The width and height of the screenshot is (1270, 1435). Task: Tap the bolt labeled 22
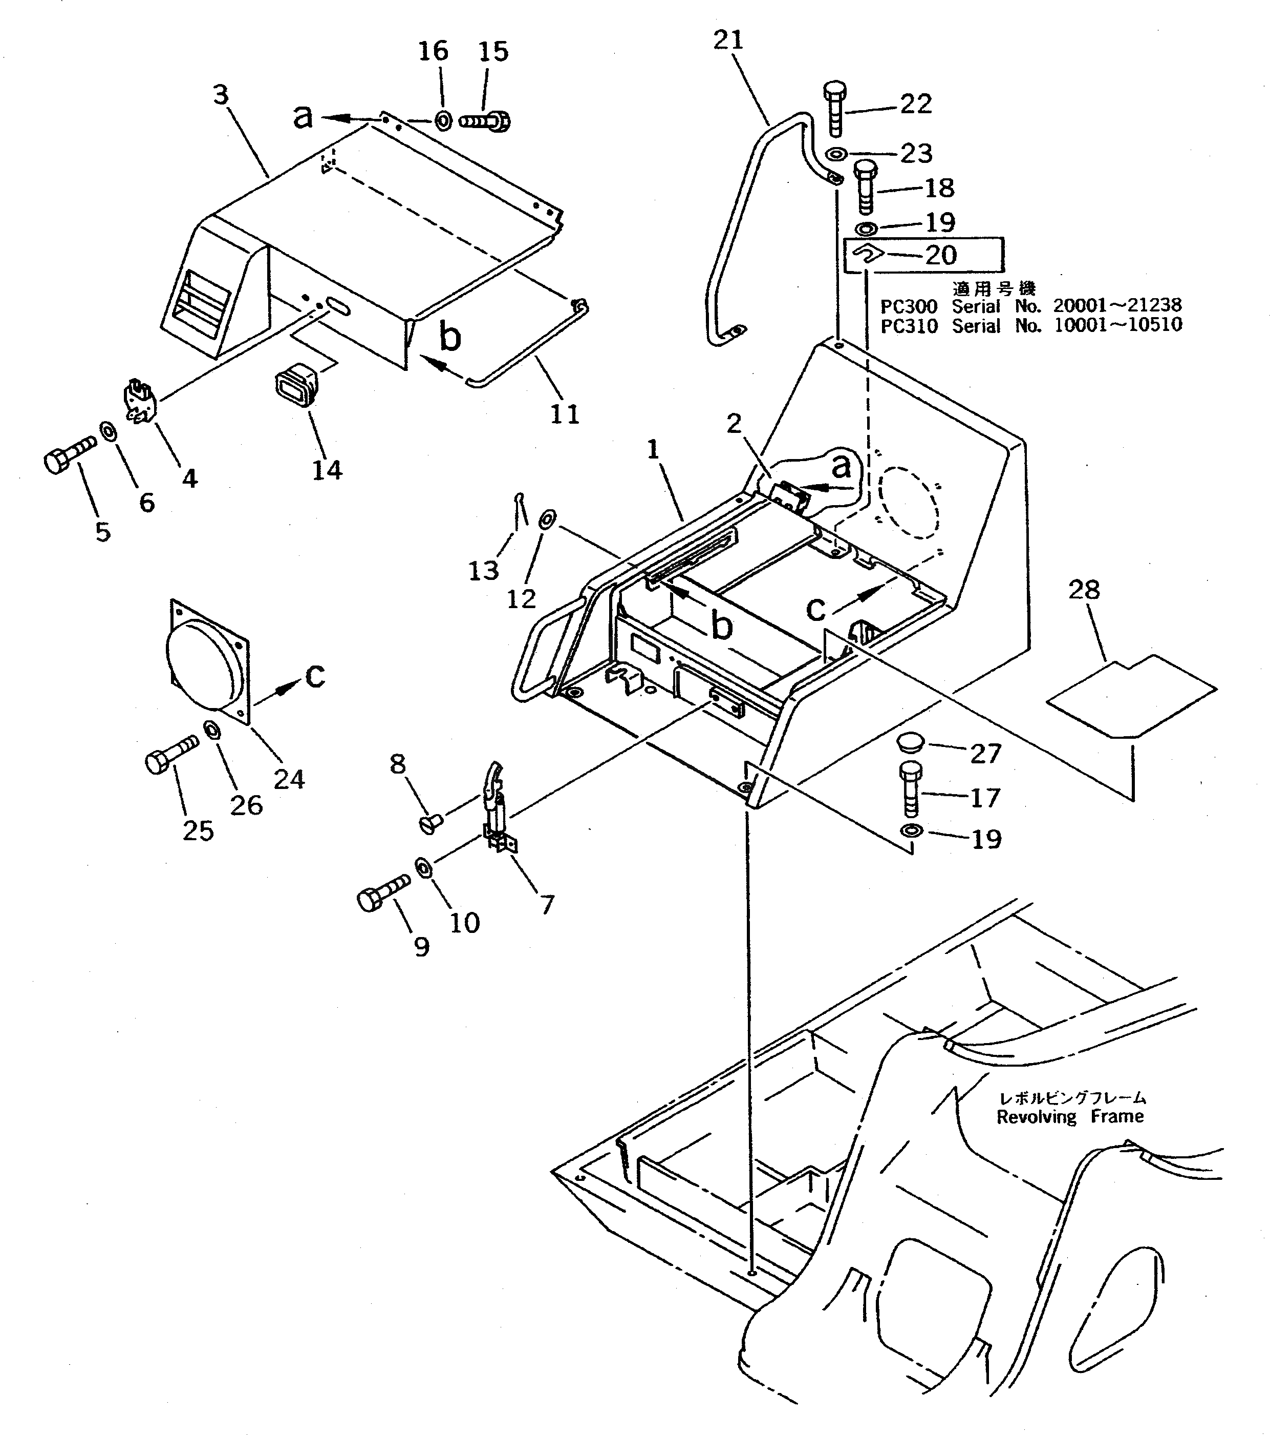click(x=835, y=108)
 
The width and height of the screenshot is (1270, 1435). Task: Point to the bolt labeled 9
click(x=382, y=889)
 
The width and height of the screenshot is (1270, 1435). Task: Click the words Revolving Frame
click(x=1069, y=1116)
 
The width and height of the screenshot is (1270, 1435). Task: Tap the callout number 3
click(x=221, y=95)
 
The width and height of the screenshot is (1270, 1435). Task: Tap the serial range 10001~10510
click(x=1118, y=325)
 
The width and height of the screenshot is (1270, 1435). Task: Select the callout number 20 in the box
click(x=941, y=255)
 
